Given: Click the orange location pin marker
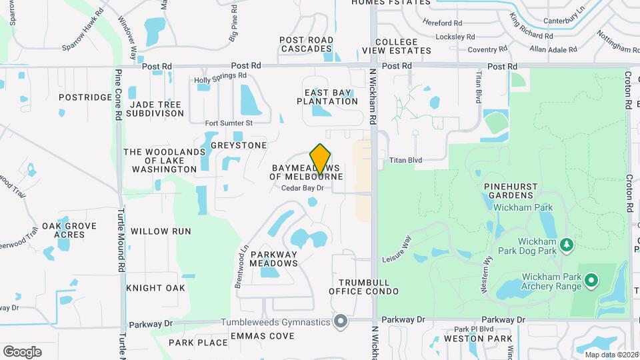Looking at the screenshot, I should [x=321, y=159].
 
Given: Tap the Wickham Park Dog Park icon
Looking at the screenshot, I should [x=567, y=245].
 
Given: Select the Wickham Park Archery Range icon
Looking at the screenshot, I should [x=591, y=281].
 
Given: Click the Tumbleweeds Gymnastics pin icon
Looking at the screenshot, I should [x=341, y=322].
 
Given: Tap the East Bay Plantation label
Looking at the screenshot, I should [x=331, y=97].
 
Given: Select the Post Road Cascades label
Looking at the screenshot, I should [x=307, y=45].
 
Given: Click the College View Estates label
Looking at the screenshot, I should [x=397, y=46].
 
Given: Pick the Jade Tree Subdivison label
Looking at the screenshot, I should [x=157, y=109].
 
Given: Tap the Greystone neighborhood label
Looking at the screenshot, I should [x=239, y=145].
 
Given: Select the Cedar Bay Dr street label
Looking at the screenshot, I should [x=302, y=188].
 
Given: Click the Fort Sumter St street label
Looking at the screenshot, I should [x=229, y=123].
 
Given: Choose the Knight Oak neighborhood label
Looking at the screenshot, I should [x=155, y=288].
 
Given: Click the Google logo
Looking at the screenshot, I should [x=22, y=352].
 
